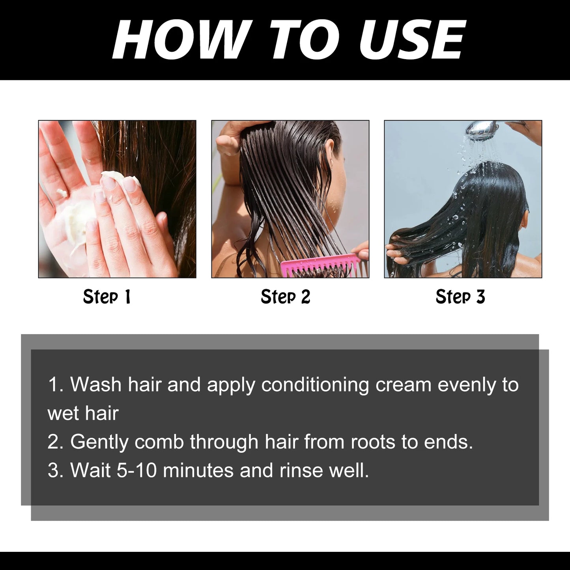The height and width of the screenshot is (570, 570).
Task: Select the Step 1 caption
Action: [107, 297]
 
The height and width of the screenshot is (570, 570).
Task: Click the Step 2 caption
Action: [285, 297]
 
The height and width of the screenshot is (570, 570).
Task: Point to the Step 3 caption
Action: [460, 297]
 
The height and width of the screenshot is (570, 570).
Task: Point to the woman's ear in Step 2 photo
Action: [331, 156]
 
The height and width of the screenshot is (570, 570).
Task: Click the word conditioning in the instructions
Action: [315, 385]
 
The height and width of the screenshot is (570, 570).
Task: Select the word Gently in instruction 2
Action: [99, 442]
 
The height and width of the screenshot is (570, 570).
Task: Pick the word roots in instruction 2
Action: [373, 442]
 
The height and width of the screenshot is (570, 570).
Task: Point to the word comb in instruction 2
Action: [159, 442]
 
